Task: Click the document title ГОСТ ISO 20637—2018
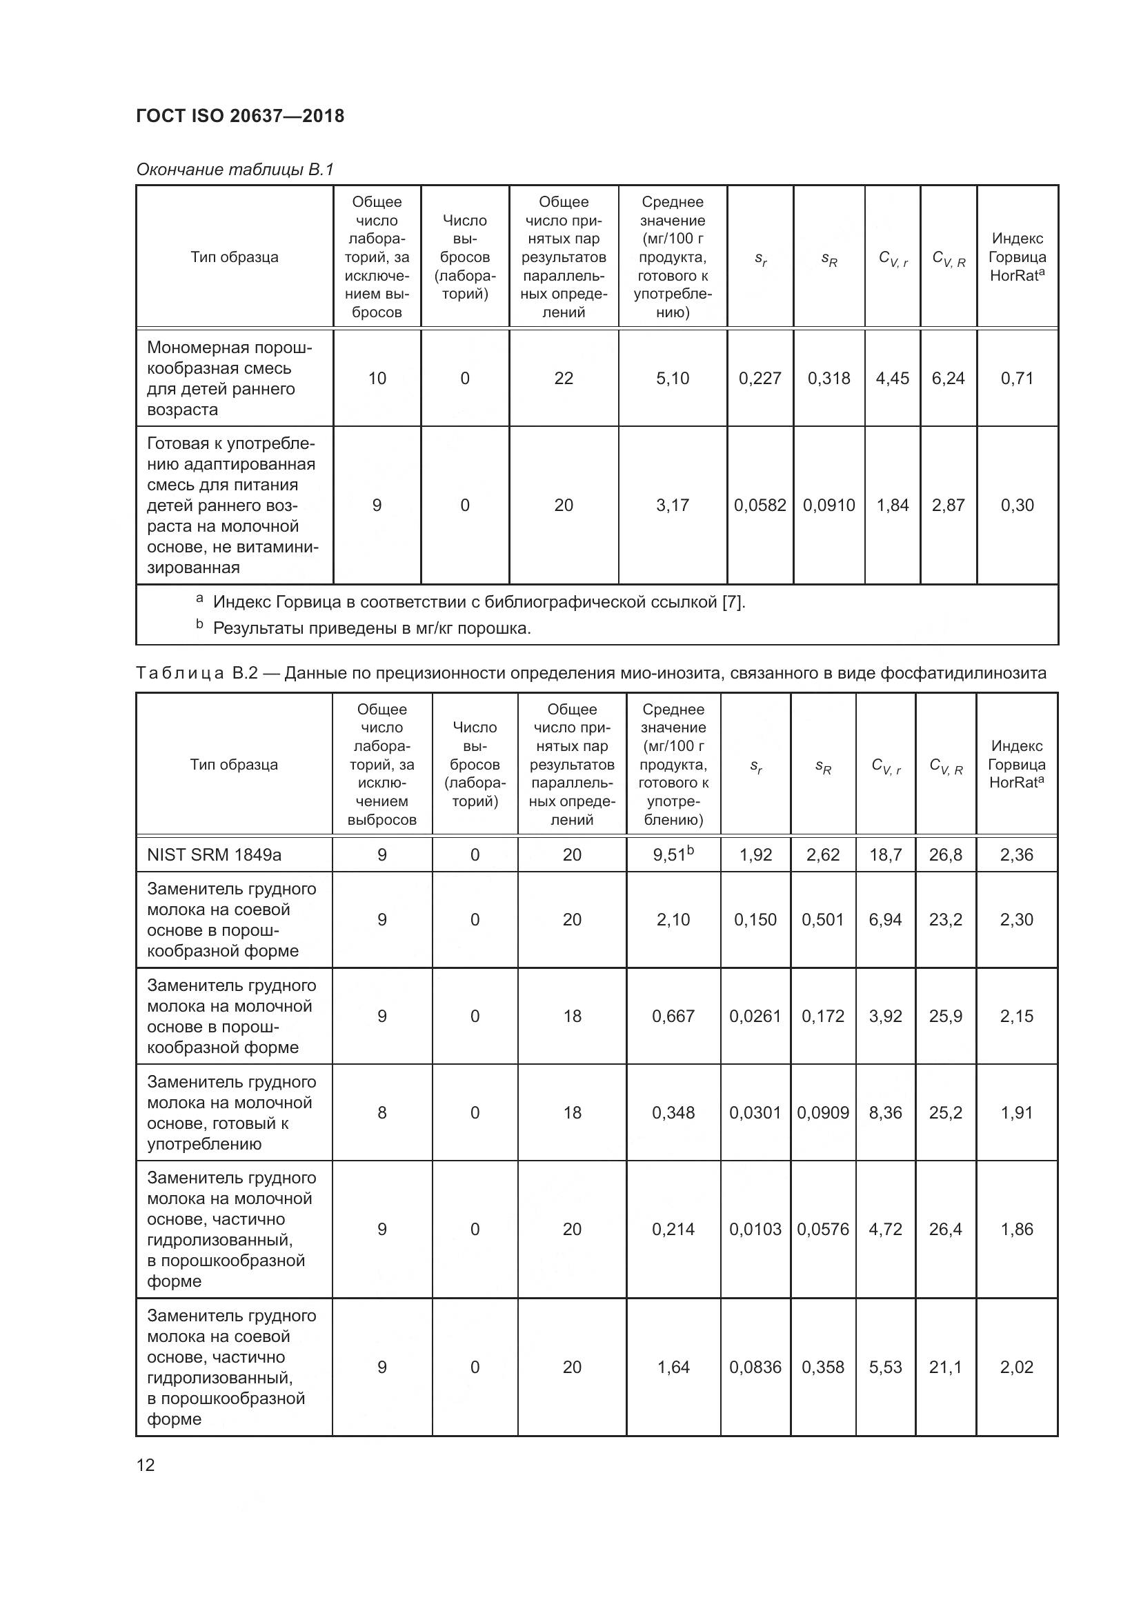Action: [240, 116]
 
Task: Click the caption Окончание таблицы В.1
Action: [235, 170]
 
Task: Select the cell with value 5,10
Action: [673, 379]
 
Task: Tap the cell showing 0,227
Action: [760, 379]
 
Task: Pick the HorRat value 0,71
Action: [1017, 379]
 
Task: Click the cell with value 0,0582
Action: [760, 505]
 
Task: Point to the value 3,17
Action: [673, 505]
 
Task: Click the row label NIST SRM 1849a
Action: [215, 855]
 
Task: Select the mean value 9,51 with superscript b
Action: [673, 855]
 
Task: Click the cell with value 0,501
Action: [823, 920]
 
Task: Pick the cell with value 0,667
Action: [673, 1016]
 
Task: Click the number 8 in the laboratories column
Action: [381, 1112]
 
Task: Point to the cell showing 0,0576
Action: [823, 1229]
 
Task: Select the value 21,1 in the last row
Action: [945, 1366]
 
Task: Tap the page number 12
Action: [146, 1465]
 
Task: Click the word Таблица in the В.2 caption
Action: [180, 673]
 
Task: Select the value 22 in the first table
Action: [564, 379]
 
